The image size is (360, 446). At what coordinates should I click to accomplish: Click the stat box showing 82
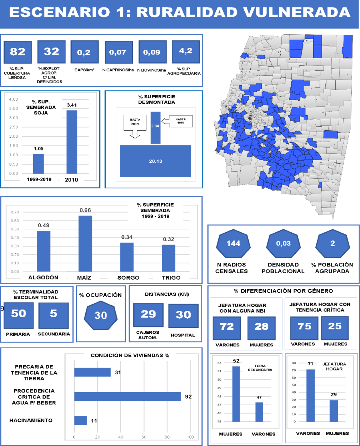click(x=17, y=52)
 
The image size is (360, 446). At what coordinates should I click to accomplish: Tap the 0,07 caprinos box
click(x=119, y=52)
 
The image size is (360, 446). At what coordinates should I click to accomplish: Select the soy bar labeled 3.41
click(x=72, y=142)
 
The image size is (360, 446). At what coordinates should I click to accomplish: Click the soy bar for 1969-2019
click(x=38, y=164)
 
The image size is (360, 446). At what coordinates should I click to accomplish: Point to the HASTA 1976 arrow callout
click(x=177, y=121)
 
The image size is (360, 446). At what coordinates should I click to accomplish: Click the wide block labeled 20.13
click(x=155, y=161)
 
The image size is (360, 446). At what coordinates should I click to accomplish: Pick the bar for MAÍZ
click(x=85, y=244)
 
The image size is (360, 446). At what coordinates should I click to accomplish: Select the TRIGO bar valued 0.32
click(x=169, y=258)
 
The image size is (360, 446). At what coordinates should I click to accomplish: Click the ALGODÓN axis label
click(x=43, y=278)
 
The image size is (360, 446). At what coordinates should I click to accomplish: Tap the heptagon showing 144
click(x=233, y=244)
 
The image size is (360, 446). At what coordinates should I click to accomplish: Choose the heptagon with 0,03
click(x=283, y=244)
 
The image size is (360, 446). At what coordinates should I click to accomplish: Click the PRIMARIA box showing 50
click(x=19, y=315)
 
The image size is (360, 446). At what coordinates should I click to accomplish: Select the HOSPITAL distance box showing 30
click(x=184, y=316)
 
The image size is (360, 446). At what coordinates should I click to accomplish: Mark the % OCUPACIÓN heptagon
click(x=101, y=315)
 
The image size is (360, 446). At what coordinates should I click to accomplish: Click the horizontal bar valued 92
click(x=127, y=396)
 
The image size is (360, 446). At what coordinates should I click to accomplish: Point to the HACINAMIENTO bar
click(x=80, y=421)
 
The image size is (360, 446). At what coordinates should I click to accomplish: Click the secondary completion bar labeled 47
click(x=259, y=412)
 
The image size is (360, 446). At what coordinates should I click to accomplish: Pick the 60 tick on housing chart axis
click(x=144, y=437)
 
